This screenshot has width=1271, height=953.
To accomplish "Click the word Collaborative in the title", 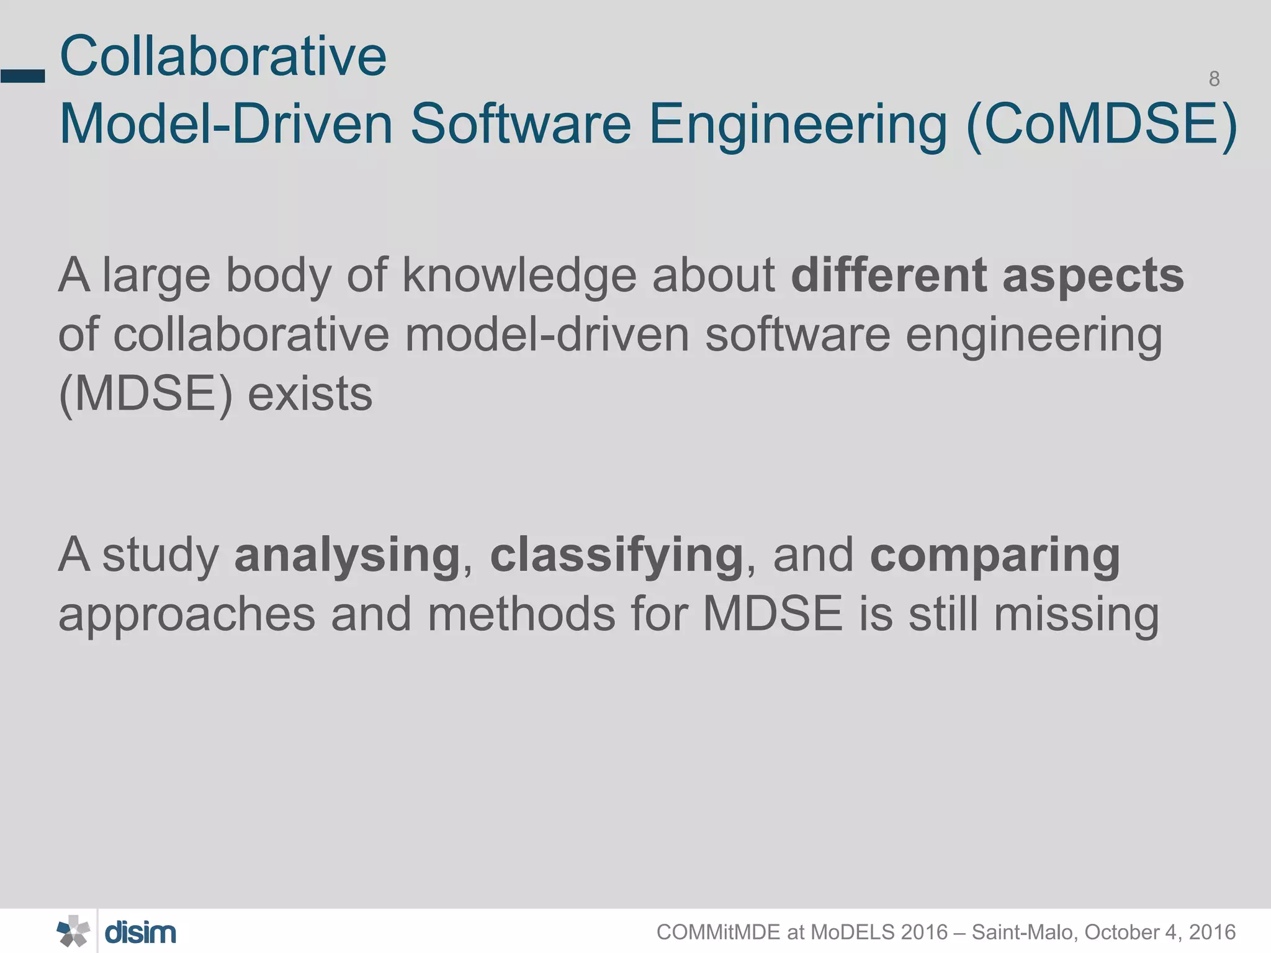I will click(223, 56).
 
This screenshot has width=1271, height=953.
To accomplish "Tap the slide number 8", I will click(1214, 79).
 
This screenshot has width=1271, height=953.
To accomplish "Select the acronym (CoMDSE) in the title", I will click(1102, 124).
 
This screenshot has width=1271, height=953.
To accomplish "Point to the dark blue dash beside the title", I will click(23, 76).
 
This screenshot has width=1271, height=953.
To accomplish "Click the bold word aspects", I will click(1093, 276).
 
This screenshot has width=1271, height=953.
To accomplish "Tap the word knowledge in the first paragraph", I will click(519, 276).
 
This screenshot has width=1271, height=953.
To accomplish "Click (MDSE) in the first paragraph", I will click(145, 395).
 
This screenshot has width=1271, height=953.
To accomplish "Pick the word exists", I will click(310, 395).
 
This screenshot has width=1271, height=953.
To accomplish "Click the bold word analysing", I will click(347, 556).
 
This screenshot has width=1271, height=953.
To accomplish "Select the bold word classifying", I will click(616, 556).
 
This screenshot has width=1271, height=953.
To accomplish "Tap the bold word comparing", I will click(995, 556).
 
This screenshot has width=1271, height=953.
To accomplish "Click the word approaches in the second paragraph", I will click(187, 615).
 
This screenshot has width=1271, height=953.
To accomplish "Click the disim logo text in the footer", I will click(140, 933).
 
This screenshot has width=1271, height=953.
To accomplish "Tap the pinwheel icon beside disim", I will click(73, 931).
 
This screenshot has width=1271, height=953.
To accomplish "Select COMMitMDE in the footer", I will click(718, 932).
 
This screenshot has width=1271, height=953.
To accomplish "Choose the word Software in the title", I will click(521, 124).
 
